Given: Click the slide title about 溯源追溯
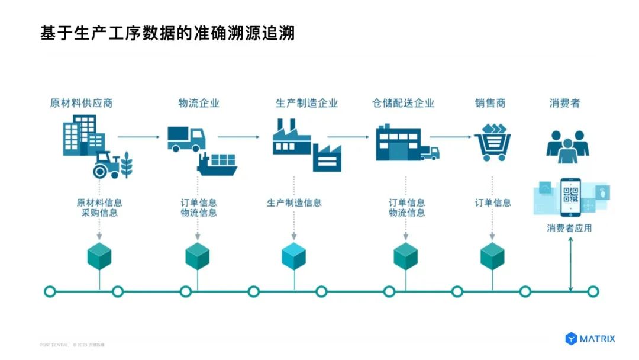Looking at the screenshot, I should [167, 33].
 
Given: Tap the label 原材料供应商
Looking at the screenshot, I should [81, 103].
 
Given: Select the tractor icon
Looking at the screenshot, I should [107, 165].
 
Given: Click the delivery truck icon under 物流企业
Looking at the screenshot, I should [186, 139].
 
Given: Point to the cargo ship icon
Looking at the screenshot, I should [218, 163].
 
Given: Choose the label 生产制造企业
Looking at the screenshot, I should [306, 103].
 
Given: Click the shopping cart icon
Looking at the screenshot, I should [492, 143].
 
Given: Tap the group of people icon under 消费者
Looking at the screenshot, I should [567, 146].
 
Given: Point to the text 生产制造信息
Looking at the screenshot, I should [294, 202].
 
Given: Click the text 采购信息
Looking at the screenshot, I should [99, 213].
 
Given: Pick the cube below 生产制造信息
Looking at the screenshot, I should [294, 256].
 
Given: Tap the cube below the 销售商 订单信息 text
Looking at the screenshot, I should [492, 256].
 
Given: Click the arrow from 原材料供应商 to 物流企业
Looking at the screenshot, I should [139, 137].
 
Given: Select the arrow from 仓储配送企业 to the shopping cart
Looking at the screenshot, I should [451, 137].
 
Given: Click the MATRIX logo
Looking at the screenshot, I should [590, 339].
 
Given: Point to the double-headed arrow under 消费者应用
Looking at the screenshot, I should [570, 263].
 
